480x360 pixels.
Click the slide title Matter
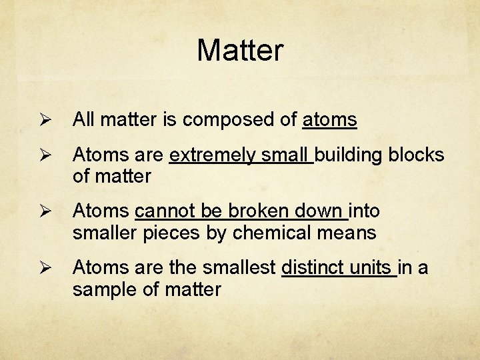coord(240,50)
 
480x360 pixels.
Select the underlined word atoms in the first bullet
coord(330,120)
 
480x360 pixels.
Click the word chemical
coord(288,233)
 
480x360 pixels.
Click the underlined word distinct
coord(311,268)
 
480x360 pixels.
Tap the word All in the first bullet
coord(83,120)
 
